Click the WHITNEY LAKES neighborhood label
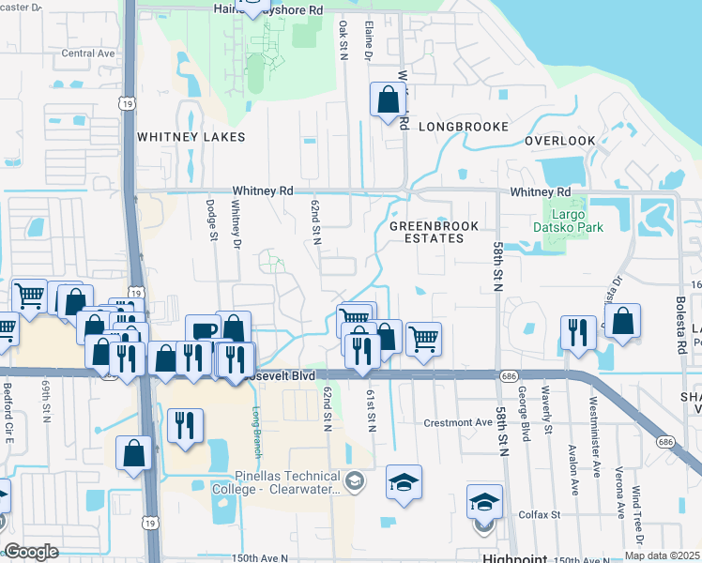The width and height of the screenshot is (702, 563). tap(191, 137)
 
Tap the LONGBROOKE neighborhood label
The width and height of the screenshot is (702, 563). tap(464, 127)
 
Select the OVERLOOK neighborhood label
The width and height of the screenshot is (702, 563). tap(560, 141)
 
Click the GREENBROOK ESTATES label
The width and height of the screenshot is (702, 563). tap(434, 232)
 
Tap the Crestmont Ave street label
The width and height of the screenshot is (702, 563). tap(458, 422)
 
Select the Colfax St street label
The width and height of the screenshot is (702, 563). tap(542, 514)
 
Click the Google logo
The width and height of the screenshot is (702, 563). tap(31, 552)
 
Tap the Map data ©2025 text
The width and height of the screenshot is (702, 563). tap(661, 555)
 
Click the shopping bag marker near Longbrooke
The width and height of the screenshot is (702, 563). tap(388, 99)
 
